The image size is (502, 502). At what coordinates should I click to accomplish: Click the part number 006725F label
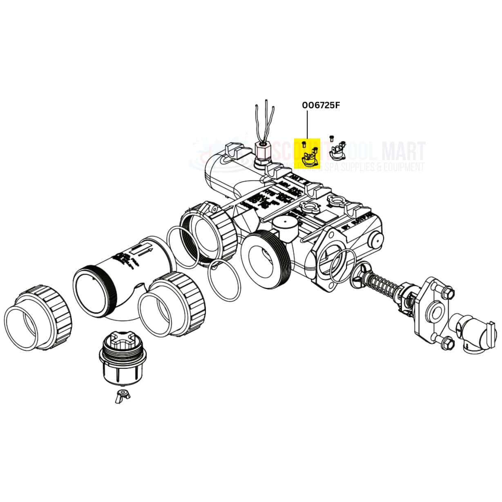(x=321, y=105)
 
